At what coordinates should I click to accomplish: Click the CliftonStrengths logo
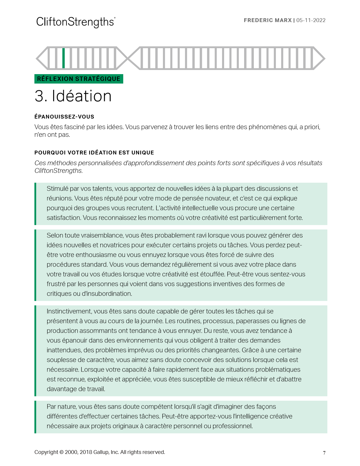(76, 22)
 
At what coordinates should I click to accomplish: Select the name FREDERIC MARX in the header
(268, 20)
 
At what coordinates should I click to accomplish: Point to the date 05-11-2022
(311, 20)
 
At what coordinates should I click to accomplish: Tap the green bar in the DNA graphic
(64, 58)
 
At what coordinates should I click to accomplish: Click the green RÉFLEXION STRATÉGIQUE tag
(79, 79)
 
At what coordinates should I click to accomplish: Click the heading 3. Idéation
(73, 96)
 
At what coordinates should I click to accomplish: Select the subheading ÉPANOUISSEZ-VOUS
(64, 117)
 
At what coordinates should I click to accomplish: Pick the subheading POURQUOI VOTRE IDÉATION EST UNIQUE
(94, 153)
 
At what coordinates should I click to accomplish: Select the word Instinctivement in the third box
(69, 311)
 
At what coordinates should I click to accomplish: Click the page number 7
(324, 453)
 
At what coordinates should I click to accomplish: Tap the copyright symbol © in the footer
(61, 452)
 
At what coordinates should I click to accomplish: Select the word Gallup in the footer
(101, 452)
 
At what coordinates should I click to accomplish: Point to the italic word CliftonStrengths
(58, 171)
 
